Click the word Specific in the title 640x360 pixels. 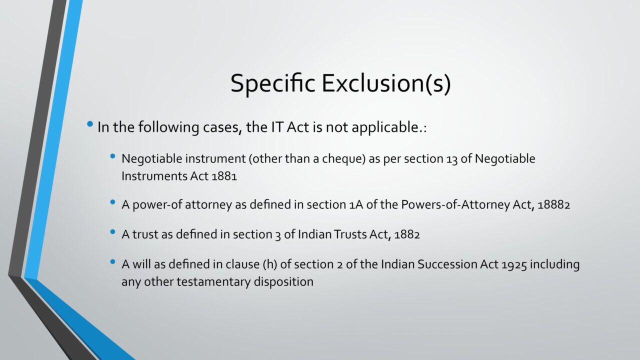pyautogui.click(x=273, y=83)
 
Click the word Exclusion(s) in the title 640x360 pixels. pyautogui.click(x=386, y=83)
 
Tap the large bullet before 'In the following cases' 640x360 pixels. pyautogui.click(x=90, y=124)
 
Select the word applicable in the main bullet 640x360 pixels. pyautogui.click(x=385, y=127)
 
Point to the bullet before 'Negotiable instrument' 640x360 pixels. pyautogui.click(x=112, y=156)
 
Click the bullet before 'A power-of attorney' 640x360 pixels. pyautogui.click(x=112, y=202)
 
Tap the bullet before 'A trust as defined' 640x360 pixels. pyautogui.click(x=112, y=231)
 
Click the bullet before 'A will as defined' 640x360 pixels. pyautogui.click(x=112, y=261)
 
